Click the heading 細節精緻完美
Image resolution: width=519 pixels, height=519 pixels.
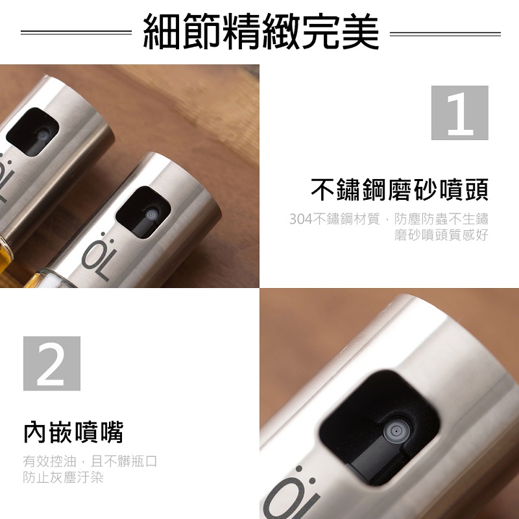click(261, 32)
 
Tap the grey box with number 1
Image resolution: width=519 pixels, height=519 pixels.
click(459, 112)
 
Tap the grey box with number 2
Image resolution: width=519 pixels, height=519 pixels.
click(52, 363)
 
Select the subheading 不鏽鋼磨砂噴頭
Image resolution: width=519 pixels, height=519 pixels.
click(400, 189)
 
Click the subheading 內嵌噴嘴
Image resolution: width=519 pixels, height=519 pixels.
click(73, 432)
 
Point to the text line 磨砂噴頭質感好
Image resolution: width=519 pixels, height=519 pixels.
click(441, 235)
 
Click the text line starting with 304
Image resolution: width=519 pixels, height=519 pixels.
click(389, 219)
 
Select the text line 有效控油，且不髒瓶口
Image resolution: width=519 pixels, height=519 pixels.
click(90, 461)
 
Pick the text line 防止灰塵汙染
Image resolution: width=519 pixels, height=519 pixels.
click(63, 477)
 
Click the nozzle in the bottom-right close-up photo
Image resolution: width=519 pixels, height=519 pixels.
click(396, 431)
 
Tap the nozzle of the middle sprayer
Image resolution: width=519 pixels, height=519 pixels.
click(152, 215)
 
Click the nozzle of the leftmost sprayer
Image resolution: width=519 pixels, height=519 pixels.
click(43, 135)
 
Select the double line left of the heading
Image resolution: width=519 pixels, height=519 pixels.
click(76, 32)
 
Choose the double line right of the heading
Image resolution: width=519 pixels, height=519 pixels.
click(445, 34)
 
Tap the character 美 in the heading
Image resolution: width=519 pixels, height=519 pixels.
click(361, 32)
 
